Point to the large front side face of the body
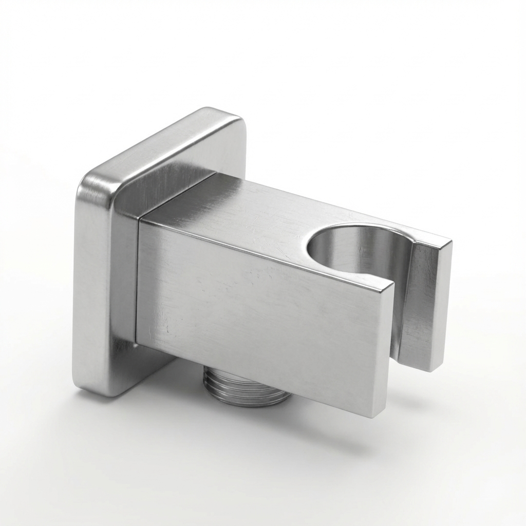(257, 308)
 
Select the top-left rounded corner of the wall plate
(90, 180)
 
